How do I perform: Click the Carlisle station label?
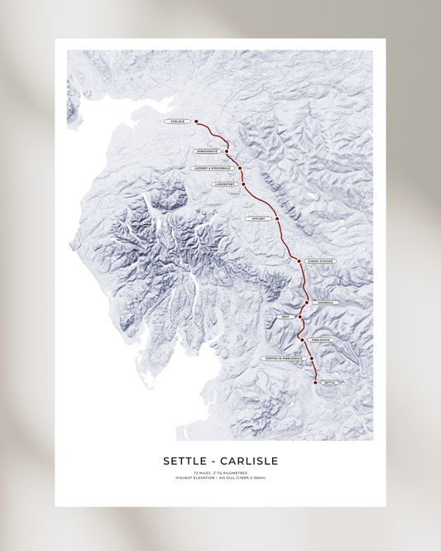coord(176,122)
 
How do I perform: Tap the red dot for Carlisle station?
coord(196,122)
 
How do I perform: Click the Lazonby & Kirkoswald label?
coord(213,168)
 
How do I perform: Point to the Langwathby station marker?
coord(243,184)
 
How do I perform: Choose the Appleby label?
coord(256,218)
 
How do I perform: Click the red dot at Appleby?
coord(277,218)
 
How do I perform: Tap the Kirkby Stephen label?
coord(320,261)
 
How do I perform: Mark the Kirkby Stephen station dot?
coord(299,261)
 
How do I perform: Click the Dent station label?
coord(285,316)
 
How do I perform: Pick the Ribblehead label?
coord(321,340)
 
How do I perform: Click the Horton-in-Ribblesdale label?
coord(284,359)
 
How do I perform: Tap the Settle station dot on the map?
coord(315,383)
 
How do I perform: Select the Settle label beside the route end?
coord(331,383)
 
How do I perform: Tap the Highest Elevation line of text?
coord(220,478)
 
